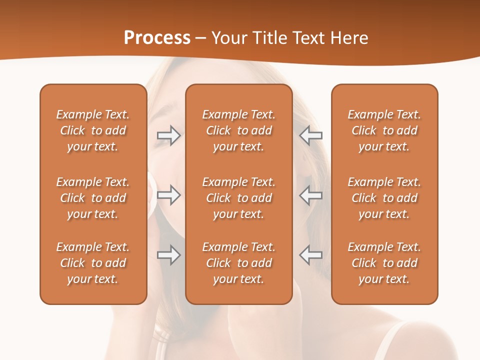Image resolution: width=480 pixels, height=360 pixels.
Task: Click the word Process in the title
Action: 157,38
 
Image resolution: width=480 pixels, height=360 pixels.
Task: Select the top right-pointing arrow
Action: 168,135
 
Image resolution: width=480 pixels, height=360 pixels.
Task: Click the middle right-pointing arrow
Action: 168,195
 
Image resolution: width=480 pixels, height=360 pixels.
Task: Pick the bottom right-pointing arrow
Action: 168,255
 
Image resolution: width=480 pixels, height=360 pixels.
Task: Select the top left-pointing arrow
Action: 311,135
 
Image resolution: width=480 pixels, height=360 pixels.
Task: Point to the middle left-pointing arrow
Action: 311,195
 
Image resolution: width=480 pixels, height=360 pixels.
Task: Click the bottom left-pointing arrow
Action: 311,255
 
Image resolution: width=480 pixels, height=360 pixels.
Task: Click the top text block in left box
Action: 93,130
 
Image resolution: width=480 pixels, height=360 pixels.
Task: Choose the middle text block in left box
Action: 93,198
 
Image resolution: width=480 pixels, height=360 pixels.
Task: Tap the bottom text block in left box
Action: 93,263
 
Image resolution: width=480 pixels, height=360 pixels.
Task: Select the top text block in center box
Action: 238,130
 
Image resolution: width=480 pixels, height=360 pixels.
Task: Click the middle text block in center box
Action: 238,198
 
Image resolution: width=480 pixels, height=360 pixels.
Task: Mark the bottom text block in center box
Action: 238,263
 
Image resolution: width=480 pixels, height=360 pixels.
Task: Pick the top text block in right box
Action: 384,130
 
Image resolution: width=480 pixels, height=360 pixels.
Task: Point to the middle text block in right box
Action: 384,198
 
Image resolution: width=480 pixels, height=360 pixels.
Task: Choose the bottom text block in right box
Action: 384,263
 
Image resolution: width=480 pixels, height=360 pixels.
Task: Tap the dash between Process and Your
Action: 200,38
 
